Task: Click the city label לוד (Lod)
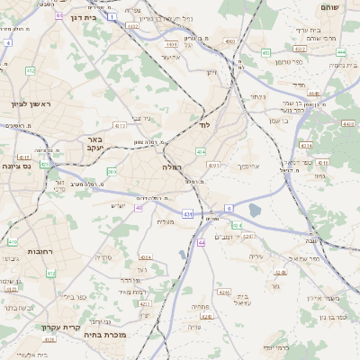[204, 150]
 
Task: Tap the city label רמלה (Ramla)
[172, 167]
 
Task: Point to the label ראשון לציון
[31, 105]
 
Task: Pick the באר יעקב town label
[95, 143]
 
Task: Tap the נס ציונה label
[16, 166]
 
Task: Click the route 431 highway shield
[187, 213]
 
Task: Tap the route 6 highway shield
[229, 208]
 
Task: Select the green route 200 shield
[112, 171]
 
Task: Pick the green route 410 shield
[13, 242]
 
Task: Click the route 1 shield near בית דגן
[111, 16]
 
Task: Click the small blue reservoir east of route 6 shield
[255, 211]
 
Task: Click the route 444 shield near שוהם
[340, 52]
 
